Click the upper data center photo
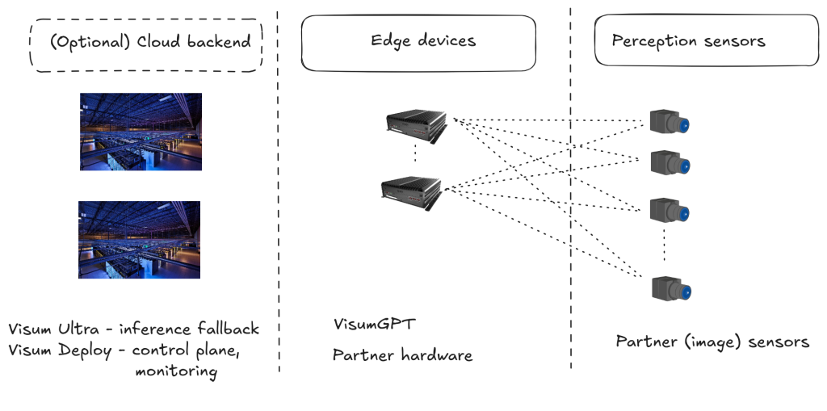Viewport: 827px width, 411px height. tap(141, 132)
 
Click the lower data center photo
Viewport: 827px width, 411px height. tap(139, 240)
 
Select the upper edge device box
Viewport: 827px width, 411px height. tap(417, 127)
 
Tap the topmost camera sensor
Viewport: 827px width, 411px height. tap(670, 122)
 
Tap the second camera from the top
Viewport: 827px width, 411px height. tap(670, 163)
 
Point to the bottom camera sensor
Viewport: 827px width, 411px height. tap(671, 289)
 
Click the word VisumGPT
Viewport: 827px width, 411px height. tap(375, 324)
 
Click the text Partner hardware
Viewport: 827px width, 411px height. tap(402, 355)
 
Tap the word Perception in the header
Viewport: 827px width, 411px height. tap(652, 41)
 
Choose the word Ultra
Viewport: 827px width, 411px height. tap(78, 329)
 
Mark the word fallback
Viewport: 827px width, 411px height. tap(229, 329)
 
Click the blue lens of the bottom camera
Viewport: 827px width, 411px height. tap(685, 291)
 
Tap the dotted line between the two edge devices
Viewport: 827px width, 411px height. tap(415, 153)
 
